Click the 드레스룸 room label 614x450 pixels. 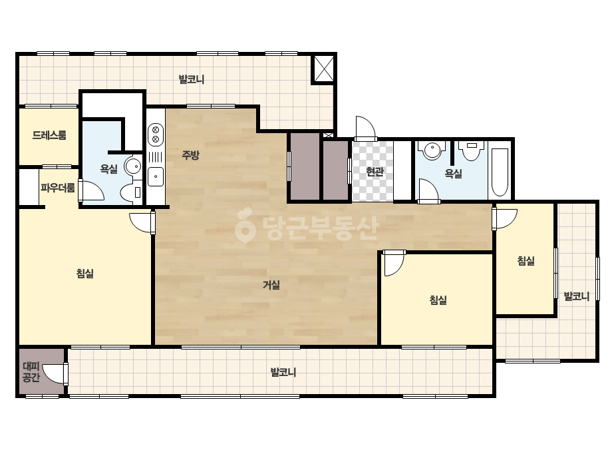[x=49, y=135]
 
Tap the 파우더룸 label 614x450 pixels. [x=58, y=188]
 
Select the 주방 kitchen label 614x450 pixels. [x=191, y=155]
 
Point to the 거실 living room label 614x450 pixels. [x=271, y=285]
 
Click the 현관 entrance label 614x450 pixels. [x=375, y=171]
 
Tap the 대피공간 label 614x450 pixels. [x=31, y=372]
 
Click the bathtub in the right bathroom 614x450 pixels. [x=500, y=172]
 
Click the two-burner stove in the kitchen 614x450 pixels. [x=156, y=134]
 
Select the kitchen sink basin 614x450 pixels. [x=156, y=177]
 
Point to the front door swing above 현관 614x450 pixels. [x=365, y=128]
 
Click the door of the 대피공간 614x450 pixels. [x=55, y=373]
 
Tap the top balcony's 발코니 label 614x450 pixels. [x=191, y=80]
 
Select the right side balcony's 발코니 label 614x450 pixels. [x=576, y=296]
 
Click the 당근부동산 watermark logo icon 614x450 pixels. [x=245, y=226]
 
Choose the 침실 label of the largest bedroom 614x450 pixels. [x=85, y=273]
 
